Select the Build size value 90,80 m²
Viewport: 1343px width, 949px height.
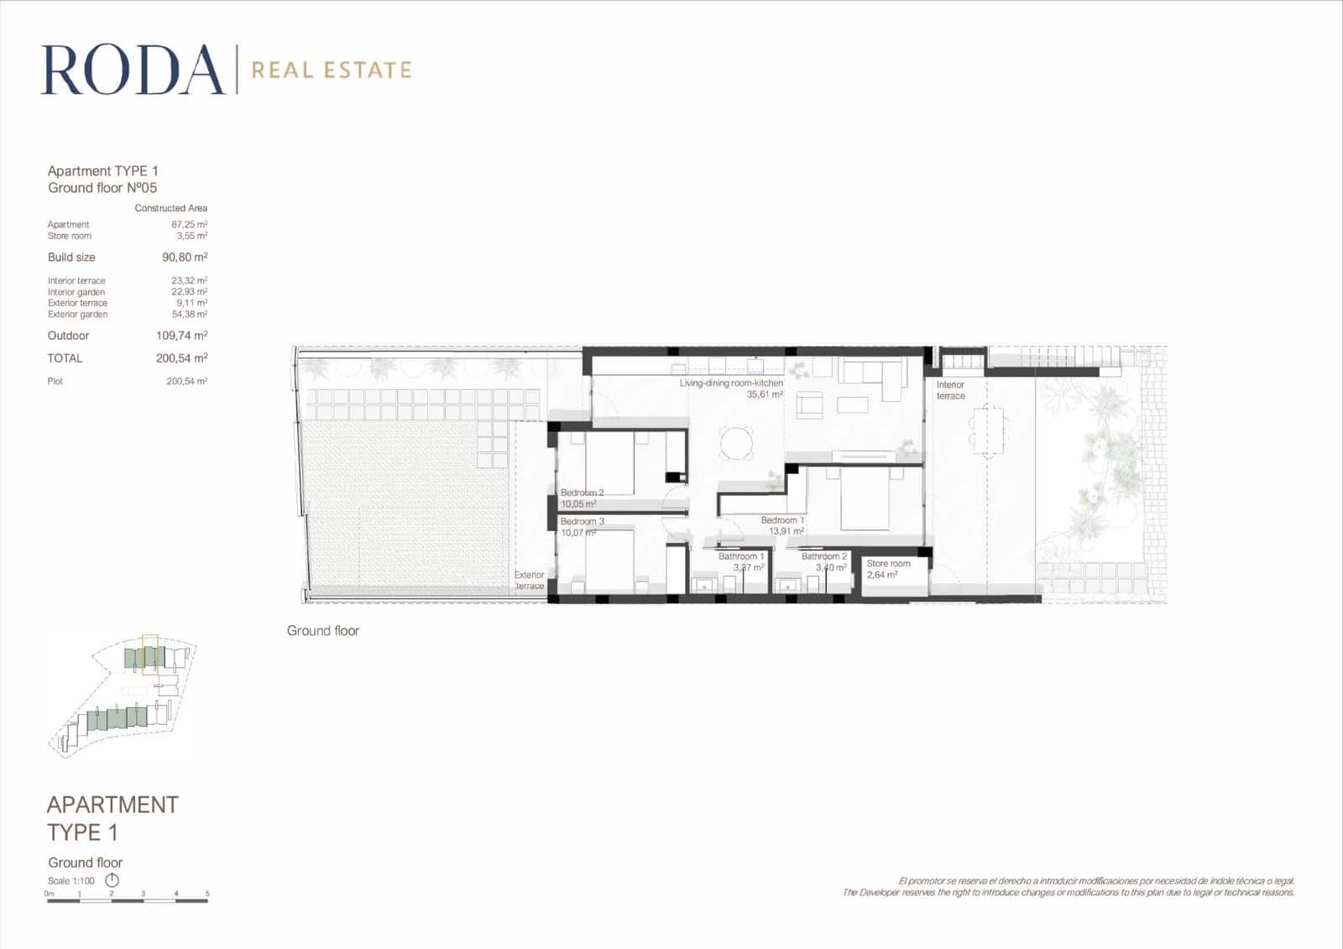point(185,258)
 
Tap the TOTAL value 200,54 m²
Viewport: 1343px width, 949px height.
point(181,358)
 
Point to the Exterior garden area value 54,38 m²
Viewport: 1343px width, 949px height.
point(190,315)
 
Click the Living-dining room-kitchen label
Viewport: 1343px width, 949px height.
point(731,383)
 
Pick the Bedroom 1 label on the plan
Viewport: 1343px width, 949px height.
point(782,520)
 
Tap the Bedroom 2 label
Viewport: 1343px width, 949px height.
point(582,493)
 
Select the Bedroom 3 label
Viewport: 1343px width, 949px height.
point(582,522)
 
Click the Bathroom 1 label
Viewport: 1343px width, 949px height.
point(741,556)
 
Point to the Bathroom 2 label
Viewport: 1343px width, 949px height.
point(824,556)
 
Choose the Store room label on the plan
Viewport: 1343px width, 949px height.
point(888,564)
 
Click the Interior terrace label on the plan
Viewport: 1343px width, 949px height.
point(950,390)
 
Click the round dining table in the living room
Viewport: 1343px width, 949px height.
point(737,443)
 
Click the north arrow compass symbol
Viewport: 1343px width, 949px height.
point(112,880)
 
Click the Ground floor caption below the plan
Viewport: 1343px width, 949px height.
point(323,631)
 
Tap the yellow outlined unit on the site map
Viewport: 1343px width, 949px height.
point(150,655)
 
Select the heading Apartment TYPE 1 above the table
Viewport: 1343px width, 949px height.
point(102,171)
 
